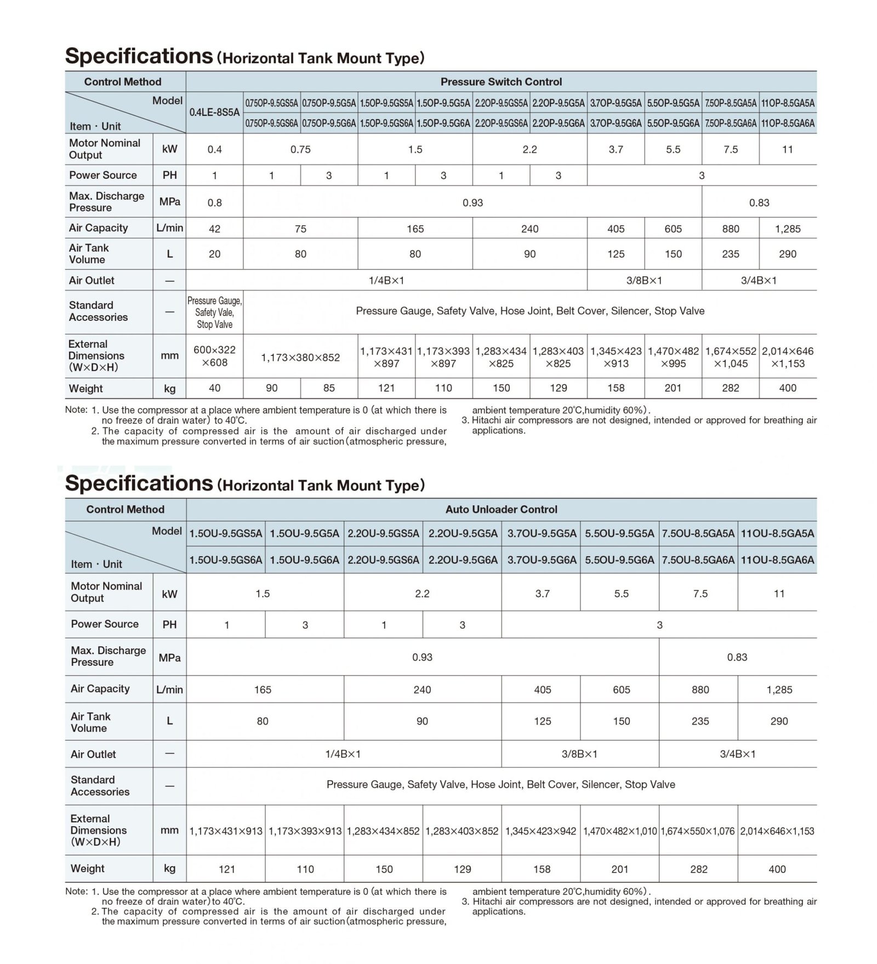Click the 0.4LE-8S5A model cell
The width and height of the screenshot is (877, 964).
(214, 112)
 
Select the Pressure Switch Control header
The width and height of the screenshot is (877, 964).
(501, 82)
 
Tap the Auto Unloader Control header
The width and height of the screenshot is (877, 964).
(501, 509)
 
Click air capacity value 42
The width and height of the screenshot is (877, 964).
(214, 228)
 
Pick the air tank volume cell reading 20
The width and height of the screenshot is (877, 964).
(214, 254)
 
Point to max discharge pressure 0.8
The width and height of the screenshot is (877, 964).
(214, 202)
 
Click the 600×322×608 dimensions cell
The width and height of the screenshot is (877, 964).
(214, 357)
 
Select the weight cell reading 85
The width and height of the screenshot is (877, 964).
(329, 388)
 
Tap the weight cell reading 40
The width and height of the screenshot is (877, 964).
(214, 388)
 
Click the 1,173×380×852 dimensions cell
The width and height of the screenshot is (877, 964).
(300, 358)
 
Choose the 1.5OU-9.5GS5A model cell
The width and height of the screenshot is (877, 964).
(226, 533)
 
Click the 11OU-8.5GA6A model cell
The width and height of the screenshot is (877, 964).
(777, 560)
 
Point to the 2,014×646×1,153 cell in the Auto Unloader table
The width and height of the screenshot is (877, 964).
(777, 831)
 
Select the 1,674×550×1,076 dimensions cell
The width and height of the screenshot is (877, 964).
(698, 831)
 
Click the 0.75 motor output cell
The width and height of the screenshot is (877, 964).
(300, 150)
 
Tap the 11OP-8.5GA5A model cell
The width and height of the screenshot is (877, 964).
(788, 103)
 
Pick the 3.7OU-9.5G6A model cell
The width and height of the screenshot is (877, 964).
(542, 560)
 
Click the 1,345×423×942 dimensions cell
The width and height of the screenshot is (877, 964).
(540, 831)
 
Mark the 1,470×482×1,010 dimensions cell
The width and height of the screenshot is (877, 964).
(620, 831)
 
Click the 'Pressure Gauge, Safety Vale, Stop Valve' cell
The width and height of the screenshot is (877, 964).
(214, 312)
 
